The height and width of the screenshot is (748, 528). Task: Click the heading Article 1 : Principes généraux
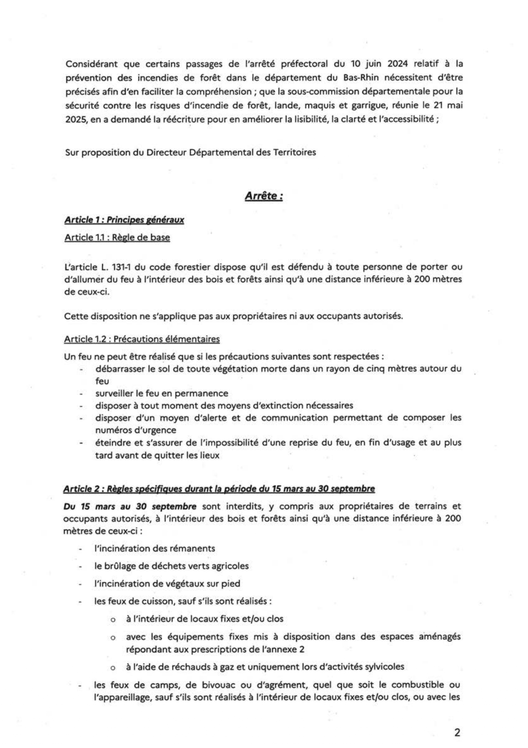click(124, 220)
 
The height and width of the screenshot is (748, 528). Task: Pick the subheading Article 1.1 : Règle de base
click(117, 237)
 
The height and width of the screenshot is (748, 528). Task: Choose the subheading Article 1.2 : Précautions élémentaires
click(142, 339)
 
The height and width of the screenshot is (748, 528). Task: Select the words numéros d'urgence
click(135, 430)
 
